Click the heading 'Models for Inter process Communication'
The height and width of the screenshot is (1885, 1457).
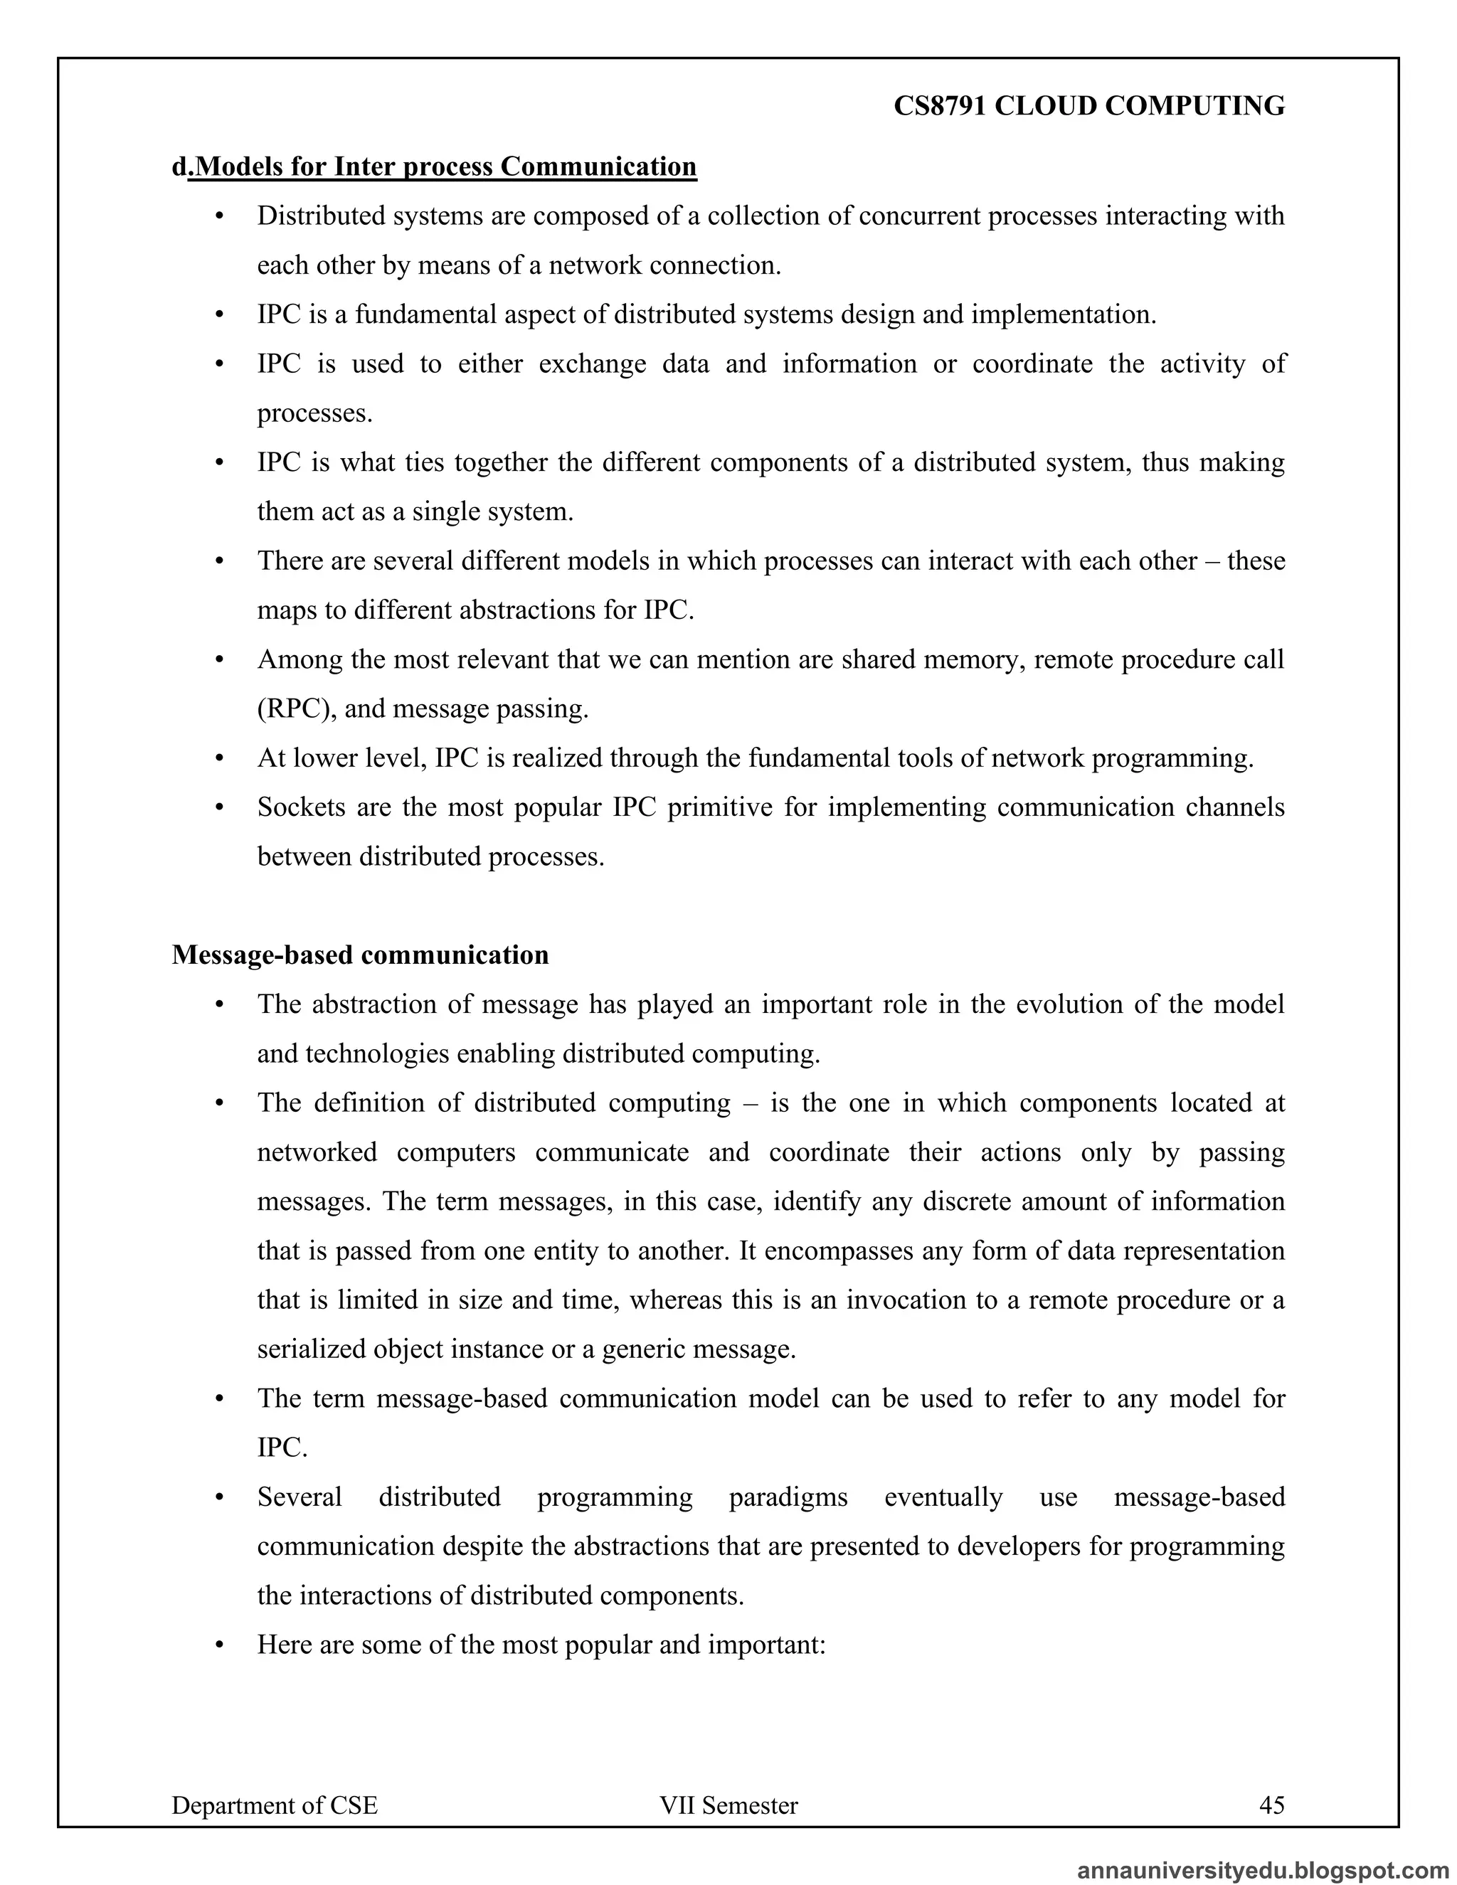pyautogui.click(x=445, y=166)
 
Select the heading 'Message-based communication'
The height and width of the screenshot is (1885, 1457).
pyautogui.click(x=360, y=955)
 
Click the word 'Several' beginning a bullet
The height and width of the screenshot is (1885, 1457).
pyautogui.click(x=299, y=1497)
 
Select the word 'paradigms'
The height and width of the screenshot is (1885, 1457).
pyautogui.click(x=788, y=1497)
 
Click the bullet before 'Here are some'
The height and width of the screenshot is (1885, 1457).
pyautogui.click(x=219, y=1645)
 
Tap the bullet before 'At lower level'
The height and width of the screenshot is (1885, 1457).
pyautogui.click(x=219, y=759)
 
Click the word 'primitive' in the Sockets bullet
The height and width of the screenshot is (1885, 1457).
pyautogui.click(x=720, y=807)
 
